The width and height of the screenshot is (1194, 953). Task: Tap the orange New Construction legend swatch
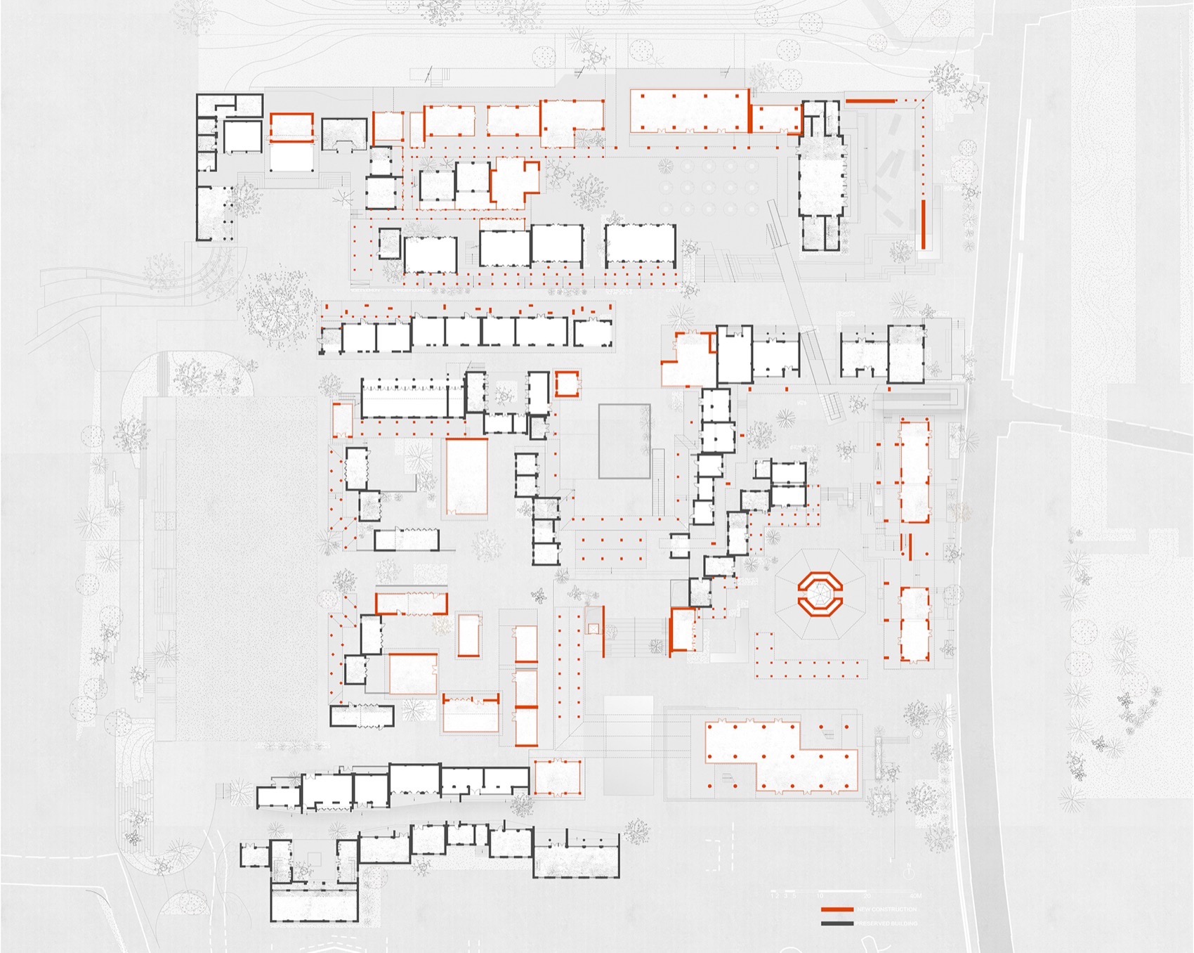837,909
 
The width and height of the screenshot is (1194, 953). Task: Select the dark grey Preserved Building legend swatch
837,923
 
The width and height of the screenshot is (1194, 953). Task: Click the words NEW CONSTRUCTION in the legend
886,909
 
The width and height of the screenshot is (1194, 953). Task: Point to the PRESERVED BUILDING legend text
886,923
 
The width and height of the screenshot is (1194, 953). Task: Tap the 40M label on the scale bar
915,896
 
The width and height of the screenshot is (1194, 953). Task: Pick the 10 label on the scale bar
820,896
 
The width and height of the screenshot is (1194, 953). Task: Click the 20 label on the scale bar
867,896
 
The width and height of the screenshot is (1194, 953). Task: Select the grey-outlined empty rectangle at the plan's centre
624,441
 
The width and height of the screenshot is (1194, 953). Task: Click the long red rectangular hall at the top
689,111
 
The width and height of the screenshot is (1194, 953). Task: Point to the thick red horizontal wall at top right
871,101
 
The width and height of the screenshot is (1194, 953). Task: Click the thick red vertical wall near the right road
924,223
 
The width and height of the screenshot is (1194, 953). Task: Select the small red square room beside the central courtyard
566,384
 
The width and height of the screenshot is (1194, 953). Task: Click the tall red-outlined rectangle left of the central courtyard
467,476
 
